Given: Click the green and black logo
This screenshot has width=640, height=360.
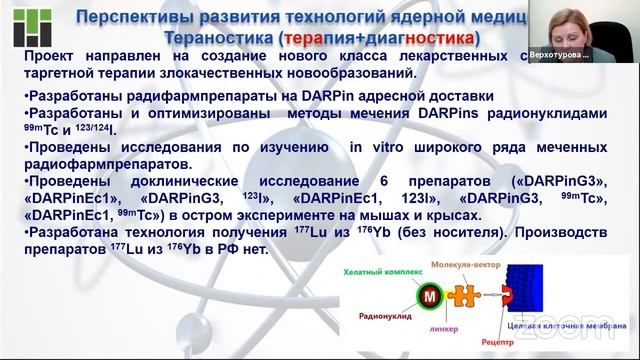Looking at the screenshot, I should coord(22,27).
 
